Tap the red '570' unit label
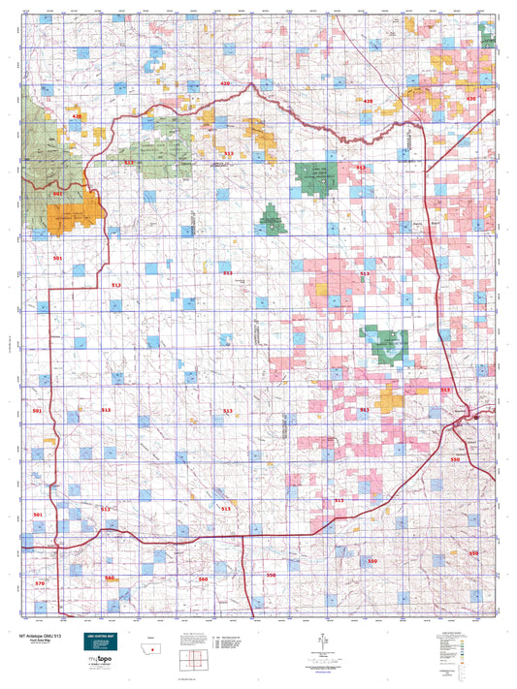pyautogui.click(x=40, y=583)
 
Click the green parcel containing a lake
pyautogui.click(x=385, y=342)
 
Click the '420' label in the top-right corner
pyautogui.click(x=471, y=99)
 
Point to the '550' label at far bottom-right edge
pyautogui.click(x=473, y=552)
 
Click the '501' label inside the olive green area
pyautogui.click(x=57, y=194)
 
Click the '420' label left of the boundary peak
pyautogui.click(x=225, y=84)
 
